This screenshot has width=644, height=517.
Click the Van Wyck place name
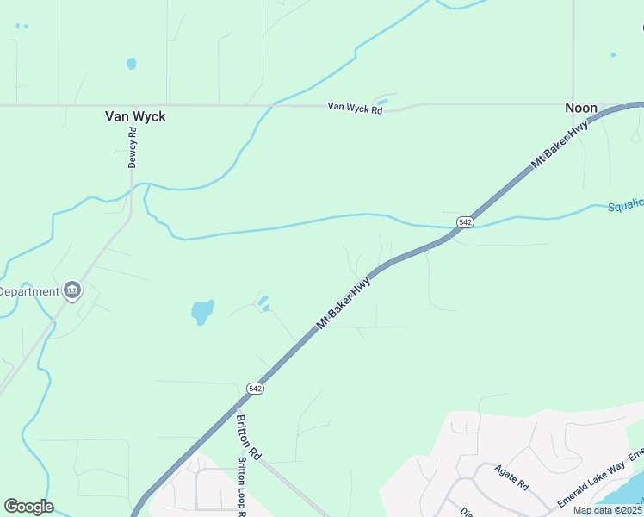coord(134,115)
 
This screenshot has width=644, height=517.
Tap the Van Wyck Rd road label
coord(354,107)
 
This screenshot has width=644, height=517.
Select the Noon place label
coord(580,108)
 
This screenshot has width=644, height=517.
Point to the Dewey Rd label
coord(133,148)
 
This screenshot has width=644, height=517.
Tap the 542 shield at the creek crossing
coord(465,222)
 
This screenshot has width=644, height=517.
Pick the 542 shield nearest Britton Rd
coord(255,389)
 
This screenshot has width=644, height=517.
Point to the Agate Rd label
coord(511,477)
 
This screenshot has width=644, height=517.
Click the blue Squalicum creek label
coord(626,206)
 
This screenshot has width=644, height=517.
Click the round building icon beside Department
coord(72,290)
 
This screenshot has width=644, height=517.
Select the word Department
coord(29,291)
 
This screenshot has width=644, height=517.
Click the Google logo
coord(28,507)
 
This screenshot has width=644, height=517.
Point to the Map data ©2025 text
coord(608,510)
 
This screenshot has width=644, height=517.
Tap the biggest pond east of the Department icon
coord(202,312)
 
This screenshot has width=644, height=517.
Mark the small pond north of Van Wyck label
coord(131,63)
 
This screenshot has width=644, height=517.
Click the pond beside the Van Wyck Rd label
coord(381,103)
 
